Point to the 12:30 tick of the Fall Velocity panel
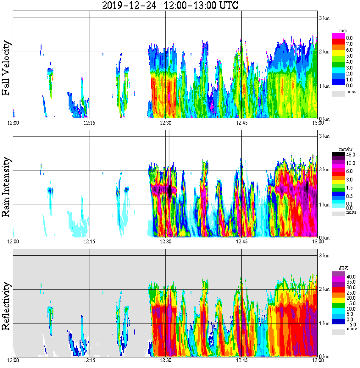coord(165,123)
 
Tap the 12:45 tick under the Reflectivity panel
coord(241,360)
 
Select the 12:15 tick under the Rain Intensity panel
coord(89,242)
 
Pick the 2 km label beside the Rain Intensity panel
coord(324,170)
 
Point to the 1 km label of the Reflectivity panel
coord(324,323)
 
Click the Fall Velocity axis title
coord(6,68)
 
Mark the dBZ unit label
coord(343,268)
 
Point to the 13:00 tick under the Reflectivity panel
coord(317,360)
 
